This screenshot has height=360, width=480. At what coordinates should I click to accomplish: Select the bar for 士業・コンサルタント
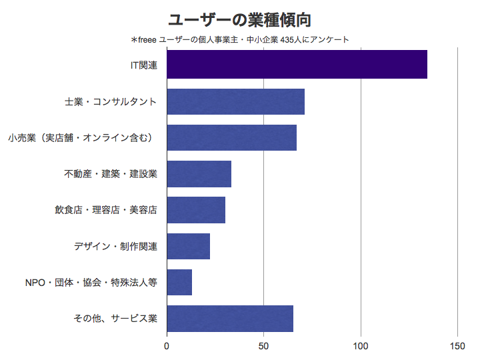(x=235, y=101)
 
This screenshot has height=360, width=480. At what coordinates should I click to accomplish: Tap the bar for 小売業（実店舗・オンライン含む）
(x=231, y=137)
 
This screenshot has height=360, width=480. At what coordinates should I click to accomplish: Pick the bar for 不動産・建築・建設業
(x=199, y=174)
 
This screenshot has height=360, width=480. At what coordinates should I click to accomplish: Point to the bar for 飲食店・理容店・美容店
(x=196, y=210)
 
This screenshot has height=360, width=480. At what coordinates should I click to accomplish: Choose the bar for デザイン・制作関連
(x=188, y=246)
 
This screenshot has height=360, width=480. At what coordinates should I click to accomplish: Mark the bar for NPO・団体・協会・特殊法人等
(x=179, y=282)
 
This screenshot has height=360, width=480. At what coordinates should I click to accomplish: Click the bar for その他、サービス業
(x=230, y=318)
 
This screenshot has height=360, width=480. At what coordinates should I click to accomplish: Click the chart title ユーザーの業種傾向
(x=240, y=19)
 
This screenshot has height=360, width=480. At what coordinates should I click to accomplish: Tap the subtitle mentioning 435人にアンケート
(x=240, y=40)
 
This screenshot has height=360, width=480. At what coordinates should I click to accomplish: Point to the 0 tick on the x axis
(x=167, y=346)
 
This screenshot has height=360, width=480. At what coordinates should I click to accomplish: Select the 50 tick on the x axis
(x=263, y=346)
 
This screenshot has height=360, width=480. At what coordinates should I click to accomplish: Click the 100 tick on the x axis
(x=361, y=346)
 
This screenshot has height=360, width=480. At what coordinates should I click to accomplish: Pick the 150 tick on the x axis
(x=457, y=346)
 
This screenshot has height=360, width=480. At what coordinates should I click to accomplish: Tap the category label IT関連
(x=143, y=65)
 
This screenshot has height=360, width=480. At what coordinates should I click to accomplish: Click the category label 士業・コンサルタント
(x=110, y=101)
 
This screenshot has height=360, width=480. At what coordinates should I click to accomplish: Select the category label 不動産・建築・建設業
(x=110, y=174)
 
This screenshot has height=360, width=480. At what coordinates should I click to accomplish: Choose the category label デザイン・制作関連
(x=115, y=246)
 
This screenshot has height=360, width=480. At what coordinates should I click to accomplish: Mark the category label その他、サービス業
(x=115, y=318)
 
